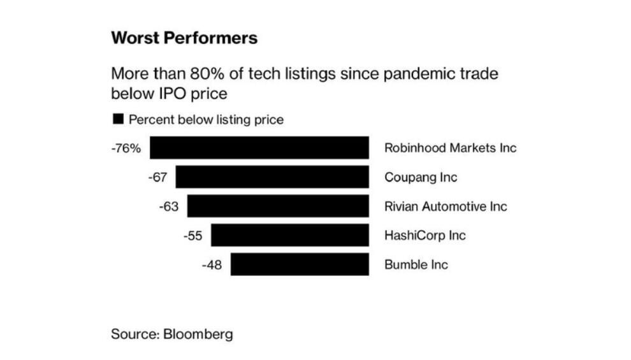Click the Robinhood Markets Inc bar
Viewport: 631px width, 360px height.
(x=259, y=147)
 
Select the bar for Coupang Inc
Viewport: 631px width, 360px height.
(x=272, y=176)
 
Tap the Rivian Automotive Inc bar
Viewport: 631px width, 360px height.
(x=278, y=206)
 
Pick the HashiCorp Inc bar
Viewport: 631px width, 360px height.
(x=290, y=235)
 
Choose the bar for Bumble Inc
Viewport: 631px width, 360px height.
(x=300, y=264)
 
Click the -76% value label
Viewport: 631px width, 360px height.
(x=126, y=148)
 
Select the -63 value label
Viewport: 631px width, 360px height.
(x=169, y=206)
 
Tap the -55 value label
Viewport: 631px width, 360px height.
(x=192, y=236)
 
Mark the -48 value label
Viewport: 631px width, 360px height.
(x=212, y=265)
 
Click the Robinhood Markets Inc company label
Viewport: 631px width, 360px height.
(x=450, y=148)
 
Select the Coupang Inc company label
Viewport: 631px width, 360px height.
(x=421, y=177)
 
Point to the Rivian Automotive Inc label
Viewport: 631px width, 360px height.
(x=446, y=206)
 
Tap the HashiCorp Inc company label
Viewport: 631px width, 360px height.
(x=424, y=236)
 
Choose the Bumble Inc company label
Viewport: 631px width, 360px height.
(x=416, y=265)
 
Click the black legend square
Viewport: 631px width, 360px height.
(x=117, y=119)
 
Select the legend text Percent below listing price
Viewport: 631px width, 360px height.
(x=206, y=119)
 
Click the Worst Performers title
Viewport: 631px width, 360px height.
(x=184, y=38)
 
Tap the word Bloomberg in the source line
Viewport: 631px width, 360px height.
(x=198, y=334)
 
